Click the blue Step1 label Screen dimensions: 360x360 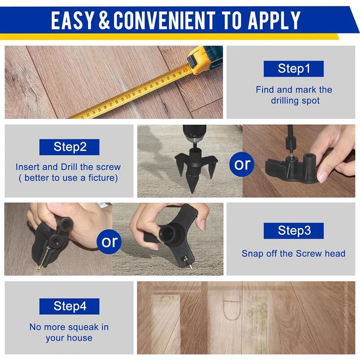[x=294, y=69]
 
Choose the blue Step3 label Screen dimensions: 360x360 [x=293, y=231]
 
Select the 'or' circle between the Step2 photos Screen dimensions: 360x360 [x=242, y=165]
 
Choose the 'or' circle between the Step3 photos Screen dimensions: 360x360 [x=109, y=242]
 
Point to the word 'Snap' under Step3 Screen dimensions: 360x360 [x=252, y=253]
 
